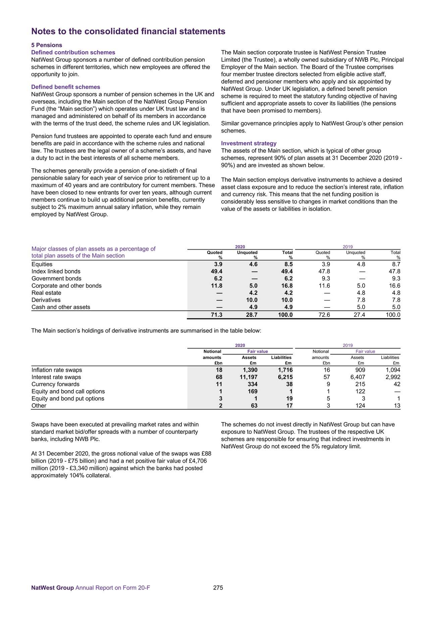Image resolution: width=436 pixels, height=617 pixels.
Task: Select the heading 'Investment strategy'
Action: click(x=249, y=143)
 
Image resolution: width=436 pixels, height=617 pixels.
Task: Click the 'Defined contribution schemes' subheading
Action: click(x=73, y=52)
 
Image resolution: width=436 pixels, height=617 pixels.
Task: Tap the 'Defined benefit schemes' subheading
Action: click(x=66, y=87)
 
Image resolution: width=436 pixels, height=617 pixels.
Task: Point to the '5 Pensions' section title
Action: click(x=47, y=45)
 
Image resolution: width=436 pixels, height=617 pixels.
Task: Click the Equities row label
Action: click(x=42, y=264)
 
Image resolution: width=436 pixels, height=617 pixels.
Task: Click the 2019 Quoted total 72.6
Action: click(x=324, y=315)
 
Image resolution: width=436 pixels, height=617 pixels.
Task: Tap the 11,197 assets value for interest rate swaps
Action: click(x=248, y=377)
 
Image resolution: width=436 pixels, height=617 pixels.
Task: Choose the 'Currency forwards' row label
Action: click(x=56, y=384)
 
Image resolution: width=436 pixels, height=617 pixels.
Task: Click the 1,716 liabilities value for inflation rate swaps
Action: click(x=285, y=370)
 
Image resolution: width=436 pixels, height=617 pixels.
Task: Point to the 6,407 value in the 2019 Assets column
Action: click(x=358, y=377)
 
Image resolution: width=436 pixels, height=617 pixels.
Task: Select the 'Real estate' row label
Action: click(x=46, y=293)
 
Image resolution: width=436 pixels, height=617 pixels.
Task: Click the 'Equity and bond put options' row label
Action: click(x=68, y=399)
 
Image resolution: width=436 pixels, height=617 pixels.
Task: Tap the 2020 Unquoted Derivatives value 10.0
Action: click(x=252, y=300)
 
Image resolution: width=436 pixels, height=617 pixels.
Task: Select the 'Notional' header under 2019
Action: click(x=321, y=351)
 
